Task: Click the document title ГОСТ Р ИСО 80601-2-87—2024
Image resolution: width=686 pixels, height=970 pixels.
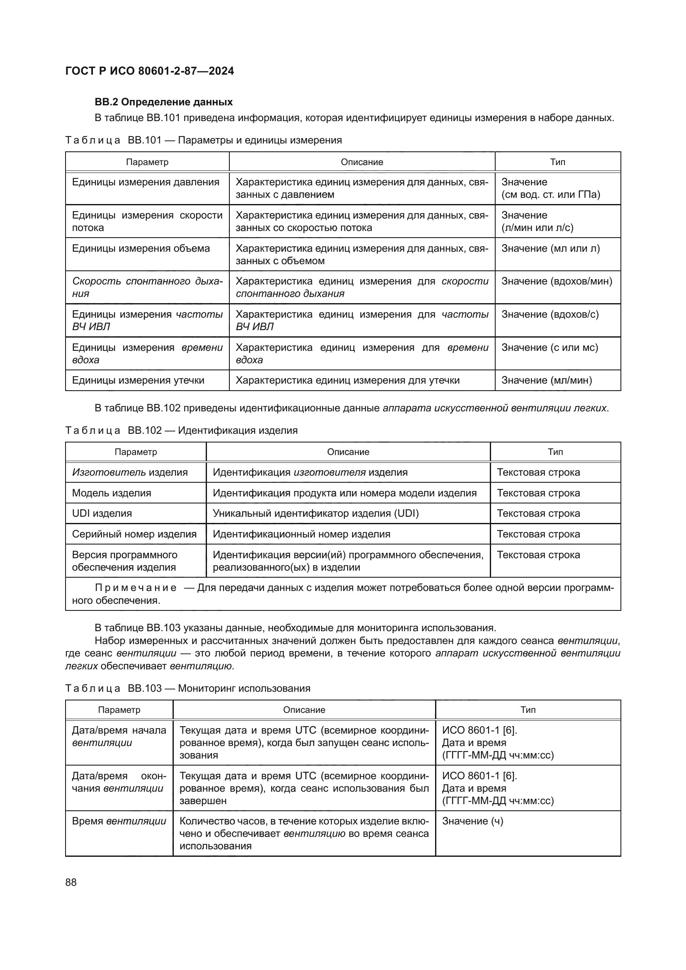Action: [150, 71]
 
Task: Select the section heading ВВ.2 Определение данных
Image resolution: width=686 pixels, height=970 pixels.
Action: [163, 102]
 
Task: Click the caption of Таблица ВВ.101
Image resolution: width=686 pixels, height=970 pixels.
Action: [203, 140]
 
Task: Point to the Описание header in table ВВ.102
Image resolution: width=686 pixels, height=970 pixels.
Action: [348, 452]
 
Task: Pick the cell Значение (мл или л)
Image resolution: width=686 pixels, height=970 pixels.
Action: [550, 248]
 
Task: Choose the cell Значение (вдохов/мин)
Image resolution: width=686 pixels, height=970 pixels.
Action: [556, 281]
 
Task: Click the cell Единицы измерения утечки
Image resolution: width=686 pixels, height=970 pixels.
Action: [138, 380]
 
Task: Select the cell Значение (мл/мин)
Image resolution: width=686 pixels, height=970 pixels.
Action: [547, 380]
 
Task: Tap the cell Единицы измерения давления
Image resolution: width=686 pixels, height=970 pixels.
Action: [146, 182]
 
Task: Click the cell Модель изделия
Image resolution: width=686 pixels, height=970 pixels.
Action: [112, 493]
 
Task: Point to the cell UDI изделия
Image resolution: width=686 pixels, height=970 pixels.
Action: [102, 513]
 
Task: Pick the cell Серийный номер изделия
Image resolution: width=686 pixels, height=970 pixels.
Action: [134, 534]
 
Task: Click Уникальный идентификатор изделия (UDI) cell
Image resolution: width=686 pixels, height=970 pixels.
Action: [316, 513]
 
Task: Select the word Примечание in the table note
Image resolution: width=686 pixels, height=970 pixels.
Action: [136, 588]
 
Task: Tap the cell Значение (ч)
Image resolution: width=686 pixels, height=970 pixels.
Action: [472, 821]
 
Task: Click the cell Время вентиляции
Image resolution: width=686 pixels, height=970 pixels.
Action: [119, 821]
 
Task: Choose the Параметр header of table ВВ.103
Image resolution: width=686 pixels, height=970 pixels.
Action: [119, 710]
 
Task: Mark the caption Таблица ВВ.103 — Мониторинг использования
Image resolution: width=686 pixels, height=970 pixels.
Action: [187, 688]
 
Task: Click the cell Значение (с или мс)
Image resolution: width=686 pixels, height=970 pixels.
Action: [550, 347]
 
